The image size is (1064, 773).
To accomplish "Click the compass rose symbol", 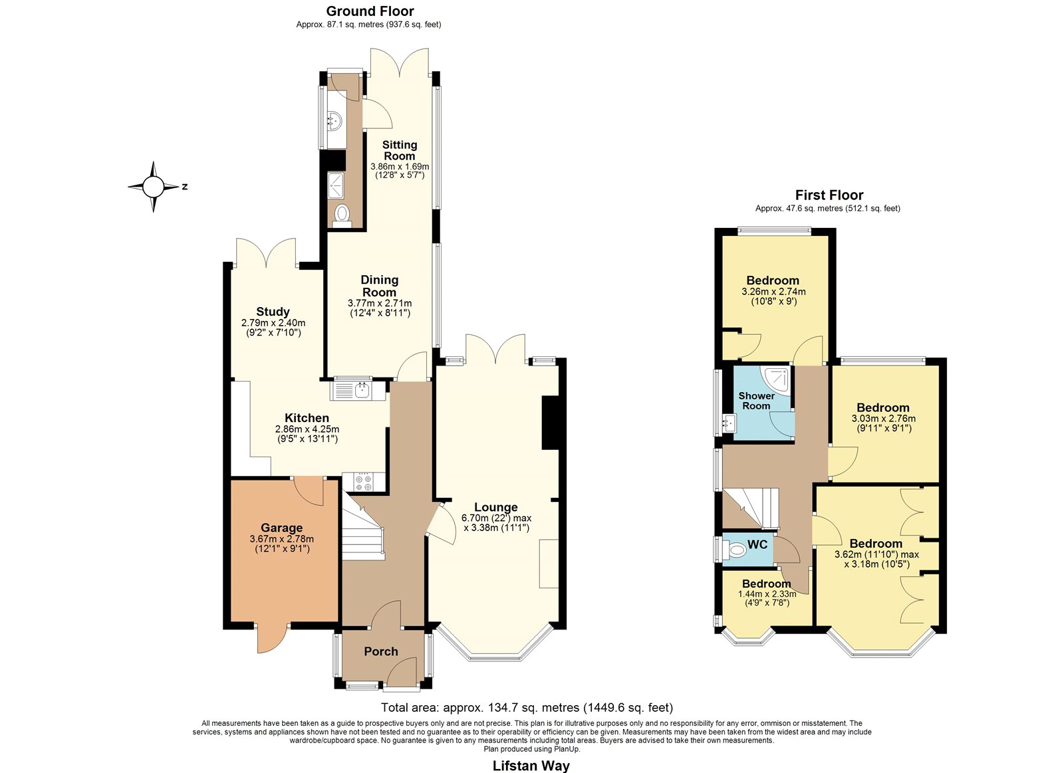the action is pyautogui.click(x=153, y=187).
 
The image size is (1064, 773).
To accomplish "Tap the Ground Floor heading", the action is pyautogui.click(x=370, y=11).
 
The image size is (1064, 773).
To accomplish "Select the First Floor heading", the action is pyautogui.click(x=829, y=195).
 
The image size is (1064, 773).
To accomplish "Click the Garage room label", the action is pyautogui.click(x=282, y=528).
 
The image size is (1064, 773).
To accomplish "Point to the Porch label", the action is pyautogui.click(x=381, y=651).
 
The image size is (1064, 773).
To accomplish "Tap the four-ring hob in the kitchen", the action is pyautogui.click(x=364, y=482).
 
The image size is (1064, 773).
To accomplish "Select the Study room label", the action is pyautogui.click(x=273, y=312).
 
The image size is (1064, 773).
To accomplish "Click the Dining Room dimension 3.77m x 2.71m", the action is pyautogui.click(x=380, y=303).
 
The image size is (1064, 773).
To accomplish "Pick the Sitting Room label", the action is pyautogui.click(x=400, y=150).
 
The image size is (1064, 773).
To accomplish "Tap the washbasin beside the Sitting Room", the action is pyautogui.click(x=334, y=121).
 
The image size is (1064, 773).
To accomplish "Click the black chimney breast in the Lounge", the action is pyautogui.click(x=550, y=422).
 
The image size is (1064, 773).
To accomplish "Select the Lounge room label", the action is pyautogui.click(x=496, y=507).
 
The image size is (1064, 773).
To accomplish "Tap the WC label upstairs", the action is pyautogui.click(x=757, y=544).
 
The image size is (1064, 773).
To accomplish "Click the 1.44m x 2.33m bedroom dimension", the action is pyautogui.click(x=767, y=594).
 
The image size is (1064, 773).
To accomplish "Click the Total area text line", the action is pyautogui.click(x=527, y=708).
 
